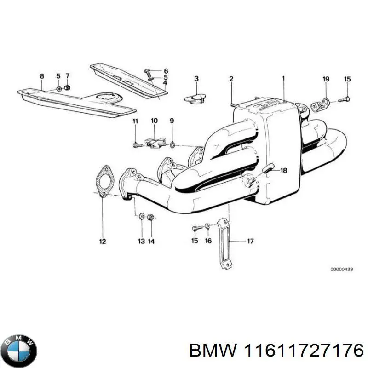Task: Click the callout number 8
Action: pos(42,76)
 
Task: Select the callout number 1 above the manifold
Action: pos(283,78)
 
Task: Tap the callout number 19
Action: pos(326,79)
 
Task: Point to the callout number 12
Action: pos(102,241)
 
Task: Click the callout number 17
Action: pos(250,241)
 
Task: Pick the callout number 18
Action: pos(283,171)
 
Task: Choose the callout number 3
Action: pos(196,79)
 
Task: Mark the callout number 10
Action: pos(154,121)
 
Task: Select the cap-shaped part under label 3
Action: pos(195,97)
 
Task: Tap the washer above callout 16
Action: pos(207,226)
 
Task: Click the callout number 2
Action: pos(231,79)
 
